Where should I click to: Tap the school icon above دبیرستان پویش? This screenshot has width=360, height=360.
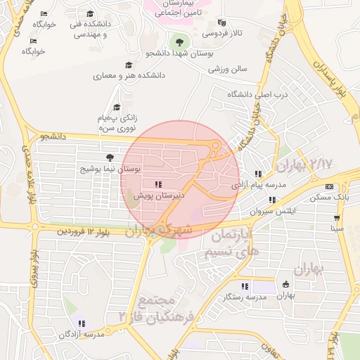[158, 184]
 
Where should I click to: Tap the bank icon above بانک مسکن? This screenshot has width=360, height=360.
[330, 186]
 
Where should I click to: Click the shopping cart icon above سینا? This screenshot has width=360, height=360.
[338, 217]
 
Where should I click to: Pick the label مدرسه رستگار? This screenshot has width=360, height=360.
[244, 297]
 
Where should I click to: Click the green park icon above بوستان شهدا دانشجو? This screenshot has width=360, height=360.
[181, 41]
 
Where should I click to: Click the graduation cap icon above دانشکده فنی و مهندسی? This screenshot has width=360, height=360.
[89, 14]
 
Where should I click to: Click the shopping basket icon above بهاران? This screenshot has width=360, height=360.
[285, 284]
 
